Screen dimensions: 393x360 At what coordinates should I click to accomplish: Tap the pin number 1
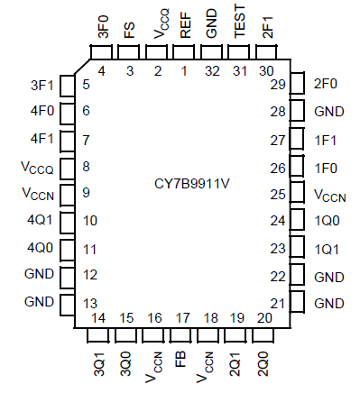tap(185, 71)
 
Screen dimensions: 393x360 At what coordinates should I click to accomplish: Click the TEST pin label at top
tap(239, 24)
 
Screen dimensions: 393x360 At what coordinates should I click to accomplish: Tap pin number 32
tap(211, 71)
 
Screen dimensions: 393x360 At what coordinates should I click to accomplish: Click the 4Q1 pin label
tap(41, 220)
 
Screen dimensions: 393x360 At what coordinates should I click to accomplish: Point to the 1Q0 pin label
tap(328, 220)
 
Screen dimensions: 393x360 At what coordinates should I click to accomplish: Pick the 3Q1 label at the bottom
tap(99, 368)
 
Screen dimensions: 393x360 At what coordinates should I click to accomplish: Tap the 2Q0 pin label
tap(263, 368)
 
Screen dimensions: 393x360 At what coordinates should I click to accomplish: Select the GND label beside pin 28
tap(328, 113)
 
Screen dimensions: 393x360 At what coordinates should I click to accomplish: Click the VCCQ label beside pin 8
tap(37, 167)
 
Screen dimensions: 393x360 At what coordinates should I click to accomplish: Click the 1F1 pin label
tap(327, 140)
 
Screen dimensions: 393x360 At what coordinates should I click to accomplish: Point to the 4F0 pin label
tap(41, 112)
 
